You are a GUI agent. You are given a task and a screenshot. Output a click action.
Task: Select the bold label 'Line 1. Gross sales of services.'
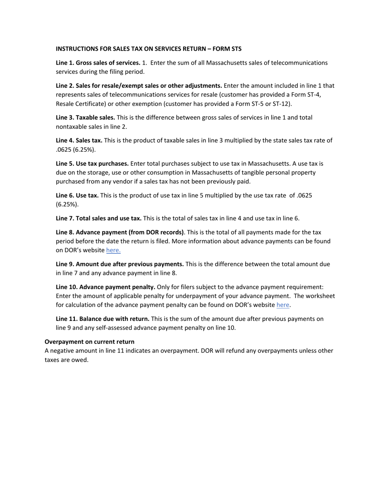click(x=98, y=63)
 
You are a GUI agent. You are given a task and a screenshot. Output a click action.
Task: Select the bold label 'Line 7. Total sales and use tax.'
click(x=98, y=218)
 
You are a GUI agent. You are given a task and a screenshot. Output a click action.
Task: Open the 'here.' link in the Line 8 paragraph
click(x=113, y=250)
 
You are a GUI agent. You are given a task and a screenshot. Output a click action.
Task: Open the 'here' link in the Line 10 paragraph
click(x=283, y=305)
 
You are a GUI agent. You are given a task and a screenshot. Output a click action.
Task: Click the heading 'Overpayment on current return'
click(x=90, y=342)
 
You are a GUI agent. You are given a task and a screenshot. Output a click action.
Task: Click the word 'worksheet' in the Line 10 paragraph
click(x=320, y=296)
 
